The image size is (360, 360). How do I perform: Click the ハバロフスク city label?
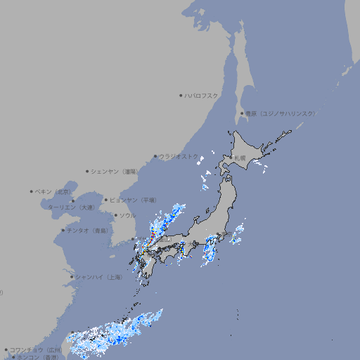click(x=201, y=95)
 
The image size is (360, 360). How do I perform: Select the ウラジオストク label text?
click(x=179, y=156)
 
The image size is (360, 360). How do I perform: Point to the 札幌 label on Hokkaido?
click(x=240, y=158)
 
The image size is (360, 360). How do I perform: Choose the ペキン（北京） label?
click(x=53, y=191)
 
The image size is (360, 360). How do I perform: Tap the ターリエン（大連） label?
click(x=70, y=207)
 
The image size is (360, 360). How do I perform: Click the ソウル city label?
click(x=127, y=215)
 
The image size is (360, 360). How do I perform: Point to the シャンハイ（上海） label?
click(x=98, y=277)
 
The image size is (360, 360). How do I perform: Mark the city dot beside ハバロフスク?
click(x=181, y=95)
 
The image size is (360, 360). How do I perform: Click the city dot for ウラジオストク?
click(x=155, y=156)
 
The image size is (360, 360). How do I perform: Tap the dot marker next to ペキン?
click(x=32, y=191)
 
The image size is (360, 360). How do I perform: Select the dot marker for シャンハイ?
click(x=72, y=277)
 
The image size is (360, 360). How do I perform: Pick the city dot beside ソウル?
click(x=115, y=215)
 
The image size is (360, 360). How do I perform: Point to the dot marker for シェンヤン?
click(x=88, y=171)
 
